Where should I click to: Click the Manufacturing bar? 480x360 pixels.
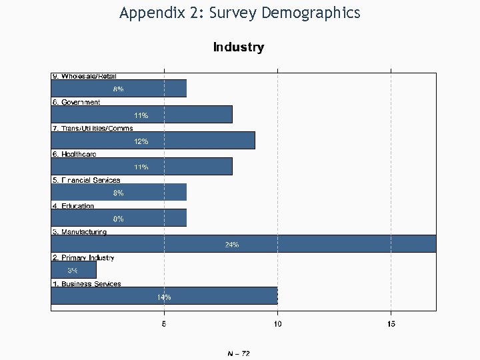tap(243, 244)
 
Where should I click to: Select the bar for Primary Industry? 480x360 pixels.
tap(73, 270)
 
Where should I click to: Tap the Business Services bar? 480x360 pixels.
tap(164, 296)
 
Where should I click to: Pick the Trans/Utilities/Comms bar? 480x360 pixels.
tap(153, 141)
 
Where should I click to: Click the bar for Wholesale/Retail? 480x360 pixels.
tap(119, 89)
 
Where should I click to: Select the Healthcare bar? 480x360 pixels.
tap(141, 166)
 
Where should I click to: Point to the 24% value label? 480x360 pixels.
tap(231, 245)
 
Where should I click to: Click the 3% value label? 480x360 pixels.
tap(73, 271)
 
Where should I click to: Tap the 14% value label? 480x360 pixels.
tap(164, 297)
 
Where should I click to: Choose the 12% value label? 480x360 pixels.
tap(141, 141)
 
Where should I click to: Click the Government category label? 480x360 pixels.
tap(76, 102)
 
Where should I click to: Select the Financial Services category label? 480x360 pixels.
tap(86, 180)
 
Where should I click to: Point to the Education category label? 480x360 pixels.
tap(73, 206)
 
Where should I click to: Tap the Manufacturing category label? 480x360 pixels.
tap(79, 232)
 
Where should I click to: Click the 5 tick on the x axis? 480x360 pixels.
tap(165, 324)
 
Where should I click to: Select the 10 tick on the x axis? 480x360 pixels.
tap(277, 324)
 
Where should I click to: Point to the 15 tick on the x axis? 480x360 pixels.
tap(391, 324)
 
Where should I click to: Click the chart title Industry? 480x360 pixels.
tap(239, 47)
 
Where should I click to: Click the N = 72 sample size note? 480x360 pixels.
tap(239, 353)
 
